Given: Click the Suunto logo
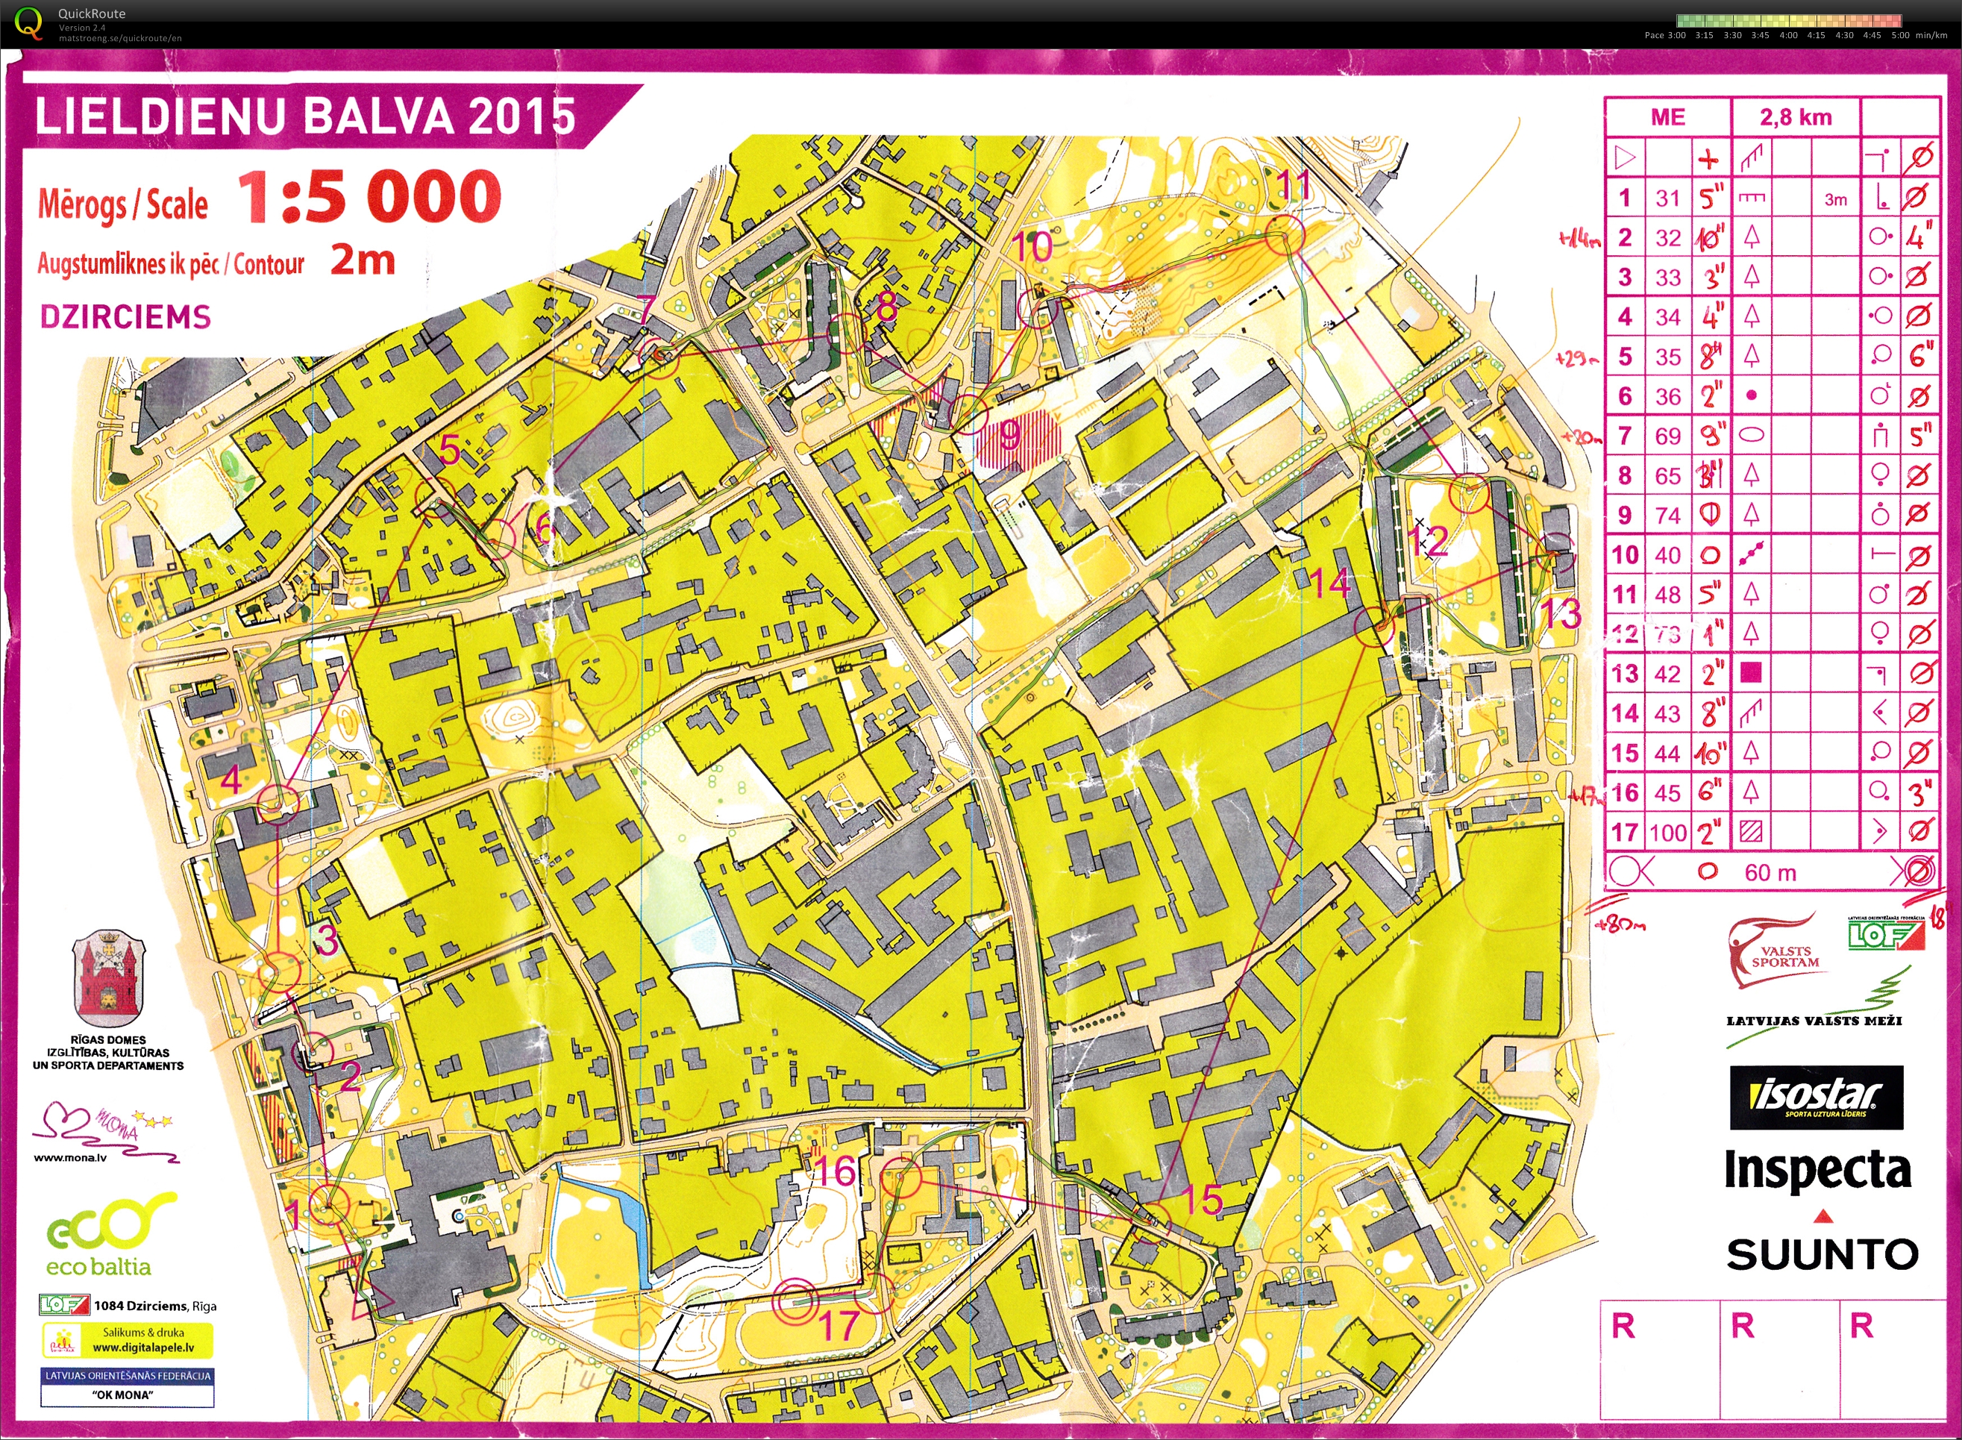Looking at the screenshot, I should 1822,1253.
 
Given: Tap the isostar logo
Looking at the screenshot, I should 1817,1098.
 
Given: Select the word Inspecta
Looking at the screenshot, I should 1817,1169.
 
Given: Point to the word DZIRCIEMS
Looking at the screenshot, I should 125,316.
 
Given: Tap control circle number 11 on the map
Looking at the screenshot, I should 1284,235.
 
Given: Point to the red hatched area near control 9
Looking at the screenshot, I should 1018,436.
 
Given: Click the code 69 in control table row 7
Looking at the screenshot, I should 1667,436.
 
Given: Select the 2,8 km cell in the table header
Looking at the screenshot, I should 1796,117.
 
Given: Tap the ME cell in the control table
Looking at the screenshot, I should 1667,117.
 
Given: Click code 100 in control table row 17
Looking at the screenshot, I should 1667,833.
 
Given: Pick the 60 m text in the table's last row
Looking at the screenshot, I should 1770,872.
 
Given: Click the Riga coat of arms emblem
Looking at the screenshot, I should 108,978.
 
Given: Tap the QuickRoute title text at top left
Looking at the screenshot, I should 92,13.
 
